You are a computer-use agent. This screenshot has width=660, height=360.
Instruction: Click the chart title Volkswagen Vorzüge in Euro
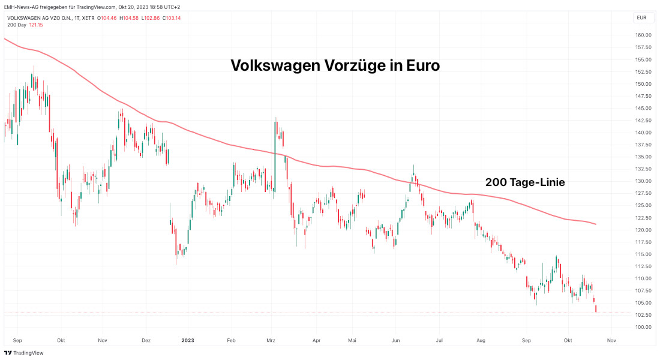335,66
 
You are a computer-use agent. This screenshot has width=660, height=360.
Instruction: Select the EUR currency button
641,18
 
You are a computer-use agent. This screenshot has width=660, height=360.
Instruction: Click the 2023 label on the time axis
188,340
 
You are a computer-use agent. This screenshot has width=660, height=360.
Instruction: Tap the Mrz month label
271,340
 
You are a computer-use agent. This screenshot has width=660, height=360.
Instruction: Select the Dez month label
146,340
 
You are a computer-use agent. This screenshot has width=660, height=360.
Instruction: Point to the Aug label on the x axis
480,340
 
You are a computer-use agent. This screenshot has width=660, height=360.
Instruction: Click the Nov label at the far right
611,340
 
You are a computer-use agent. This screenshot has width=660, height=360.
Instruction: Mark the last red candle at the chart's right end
596,309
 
